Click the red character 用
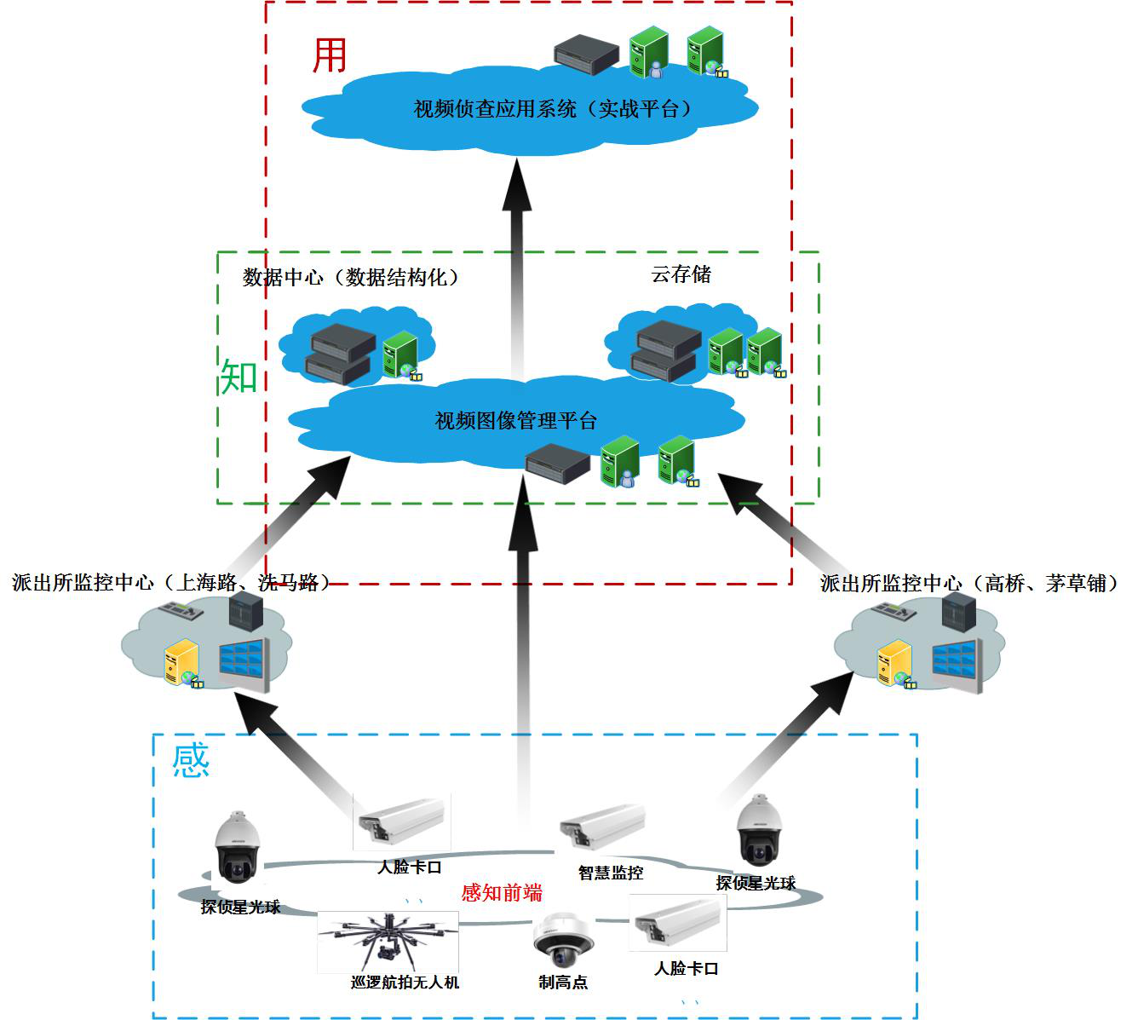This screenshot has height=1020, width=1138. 330,55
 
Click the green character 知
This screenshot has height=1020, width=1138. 239,376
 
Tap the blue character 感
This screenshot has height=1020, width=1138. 191,760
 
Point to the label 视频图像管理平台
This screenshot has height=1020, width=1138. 515,421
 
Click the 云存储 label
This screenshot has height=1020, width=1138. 681,274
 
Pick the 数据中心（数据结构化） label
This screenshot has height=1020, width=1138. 350,278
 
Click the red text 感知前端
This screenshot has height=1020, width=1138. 502,892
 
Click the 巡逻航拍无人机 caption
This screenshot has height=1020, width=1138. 405,983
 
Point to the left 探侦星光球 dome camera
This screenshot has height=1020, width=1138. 237,849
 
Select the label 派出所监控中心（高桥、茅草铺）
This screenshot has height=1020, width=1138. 968,584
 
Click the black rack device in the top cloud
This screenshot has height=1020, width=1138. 585,52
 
